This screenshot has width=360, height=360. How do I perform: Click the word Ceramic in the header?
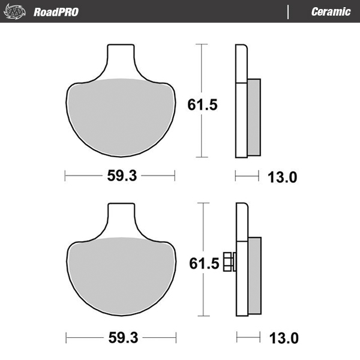[331, 11]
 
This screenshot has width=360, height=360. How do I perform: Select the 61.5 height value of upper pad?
[202, 104]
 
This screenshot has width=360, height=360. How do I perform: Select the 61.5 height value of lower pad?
[202, 263]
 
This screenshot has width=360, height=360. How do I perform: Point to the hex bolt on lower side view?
[229, 262]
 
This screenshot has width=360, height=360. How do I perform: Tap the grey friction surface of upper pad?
[120, 114]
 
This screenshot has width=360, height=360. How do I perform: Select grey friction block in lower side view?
[254, 276]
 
